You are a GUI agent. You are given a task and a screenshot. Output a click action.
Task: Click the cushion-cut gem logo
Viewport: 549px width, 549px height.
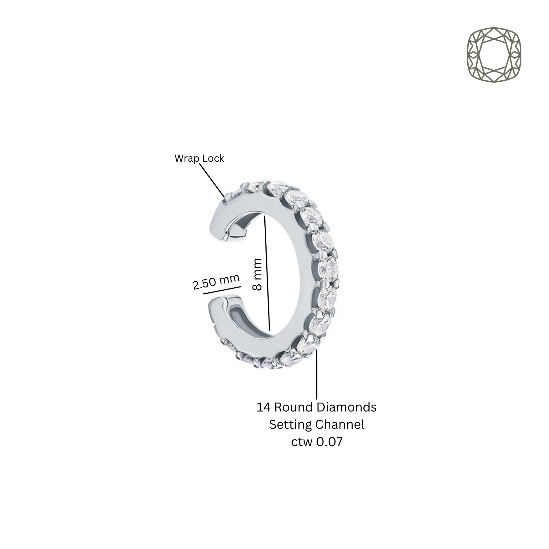(494, 55)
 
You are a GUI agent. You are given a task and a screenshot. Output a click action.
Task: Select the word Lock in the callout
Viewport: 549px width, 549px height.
(213, 158)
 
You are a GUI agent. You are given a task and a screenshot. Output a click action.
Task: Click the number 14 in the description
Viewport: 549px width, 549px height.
(263, 407)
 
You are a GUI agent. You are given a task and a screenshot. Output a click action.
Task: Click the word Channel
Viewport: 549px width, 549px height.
(340, 425)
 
